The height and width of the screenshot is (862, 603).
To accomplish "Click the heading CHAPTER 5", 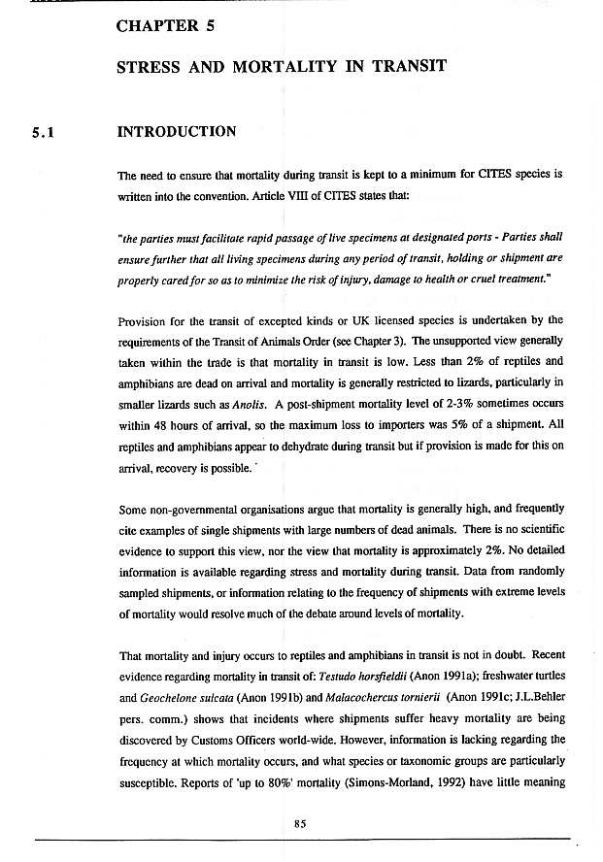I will point(166,27).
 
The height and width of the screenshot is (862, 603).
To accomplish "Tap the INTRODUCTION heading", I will point(176,132).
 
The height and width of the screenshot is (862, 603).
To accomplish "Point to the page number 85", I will point(300,823).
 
